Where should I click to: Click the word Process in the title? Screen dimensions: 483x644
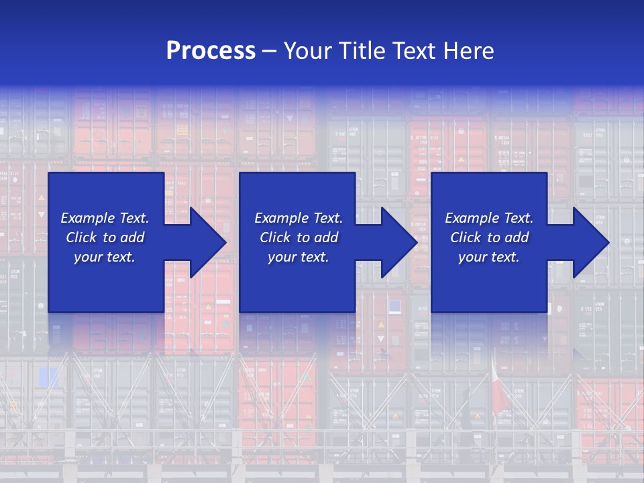click(x=211, y=51)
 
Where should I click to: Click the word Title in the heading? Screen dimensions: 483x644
click(x=362, y=51)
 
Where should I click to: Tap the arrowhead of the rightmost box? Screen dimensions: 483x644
click(x=590, y=242)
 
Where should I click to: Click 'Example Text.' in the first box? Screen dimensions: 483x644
click(x=105, y=218)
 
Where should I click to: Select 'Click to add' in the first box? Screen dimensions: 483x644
click(x=105, y=237)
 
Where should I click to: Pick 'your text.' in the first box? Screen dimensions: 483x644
click(x=105, y=257)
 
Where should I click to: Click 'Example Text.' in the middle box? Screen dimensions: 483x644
click(x=299, y=218)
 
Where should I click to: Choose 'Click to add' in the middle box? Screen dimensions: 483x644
click(x=299, y=237)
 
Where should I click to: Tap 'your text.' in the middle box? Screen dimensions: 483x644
click(x=299, y=257)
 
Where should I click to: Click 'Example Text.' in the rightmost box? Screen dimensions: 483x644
click(x=489, y=218)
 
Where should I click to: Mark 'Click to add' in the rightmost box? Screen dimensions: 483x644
click(x=489, y=237)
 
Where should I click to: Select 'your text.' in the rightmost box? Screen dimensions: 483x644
click(x=489, y=257)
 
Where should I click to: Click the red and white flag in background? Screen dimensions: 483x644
click(x=499, y=389)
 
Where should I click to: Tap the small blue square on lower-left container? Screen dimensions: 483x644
click(x=48, y=377)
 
